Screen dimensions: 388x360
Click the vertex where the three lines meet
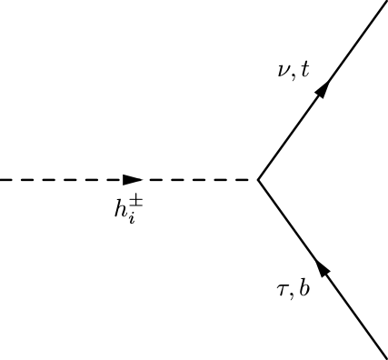click(258, 180)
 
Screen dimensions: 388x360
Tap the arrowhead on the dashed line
click(133, 180)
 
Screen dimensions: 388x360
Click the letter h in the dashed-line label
click(120, 209)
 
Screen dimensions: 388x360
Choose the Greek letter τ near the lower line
click(283, 290)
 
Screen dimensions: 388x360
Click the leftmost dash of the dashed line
click(5, 180)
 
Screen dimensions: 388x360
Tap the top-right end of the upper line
click(385, 3)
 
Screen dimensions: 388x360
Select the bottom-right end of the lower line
click(385, 356)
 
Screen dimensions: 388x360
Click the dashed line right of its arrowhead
click(200, 180)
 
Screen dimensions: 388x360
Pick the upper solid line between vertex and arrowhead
click(289, 137)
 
